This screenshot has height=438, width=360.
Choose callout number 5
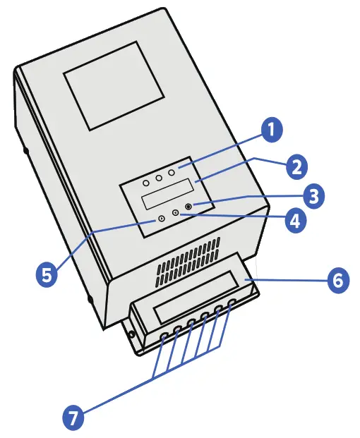(46, 274)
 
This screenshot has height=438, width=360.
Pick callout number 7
(71, 417)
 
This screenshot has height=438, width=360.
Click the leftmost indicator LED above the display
(146, 182)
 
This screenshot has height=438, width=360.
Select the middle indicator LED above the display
(159, 177)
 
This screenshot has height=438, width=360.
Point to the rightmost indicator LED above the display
(171, 172)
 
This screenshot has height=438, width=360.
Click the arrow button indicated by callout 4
(175, 212)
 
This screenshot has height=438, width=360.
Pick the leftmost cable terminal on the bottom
(164, 336)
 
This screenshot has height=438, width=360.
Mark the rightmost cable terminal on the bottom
(232, 303)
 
